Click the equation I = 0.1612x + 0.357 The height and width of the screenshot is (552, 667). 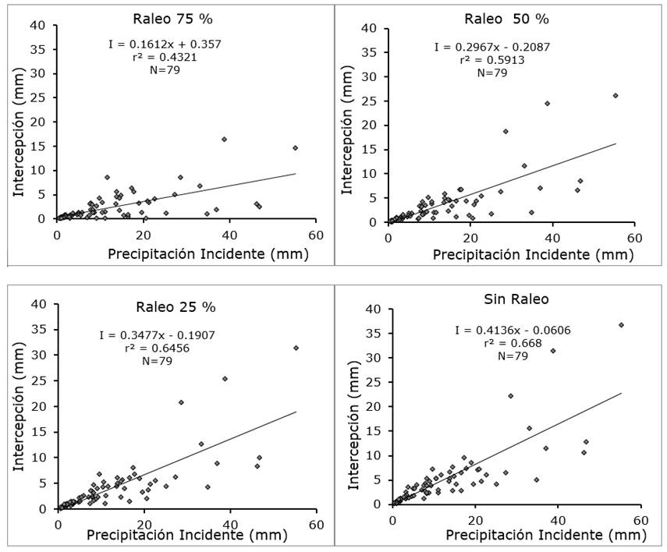(x=165, y=44)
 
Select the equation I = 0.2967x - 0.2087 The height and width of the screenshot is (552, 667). (x=492, y=48)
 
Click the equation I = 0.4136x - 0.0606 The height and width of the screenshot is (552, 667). (x=501, y=331)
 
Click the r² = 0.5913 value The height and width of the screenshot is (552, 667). (x=492, y=60)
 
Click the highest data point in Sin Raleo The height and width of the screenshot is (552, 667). (x=621, y=325)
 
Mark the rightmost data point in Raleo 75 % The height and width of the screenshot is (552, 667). (x=295, y=147)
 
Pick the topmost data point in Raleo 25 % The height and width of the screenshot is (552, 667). (x=296, y=348)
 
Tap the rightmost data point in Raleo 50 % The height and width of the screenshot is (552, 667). (x=615, y=96)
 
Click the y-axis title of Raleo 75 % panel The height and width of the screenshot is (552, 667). (x=19, y=123)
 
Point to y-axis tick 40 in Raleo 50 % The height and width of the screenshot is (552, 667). (x=371, y=28)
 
